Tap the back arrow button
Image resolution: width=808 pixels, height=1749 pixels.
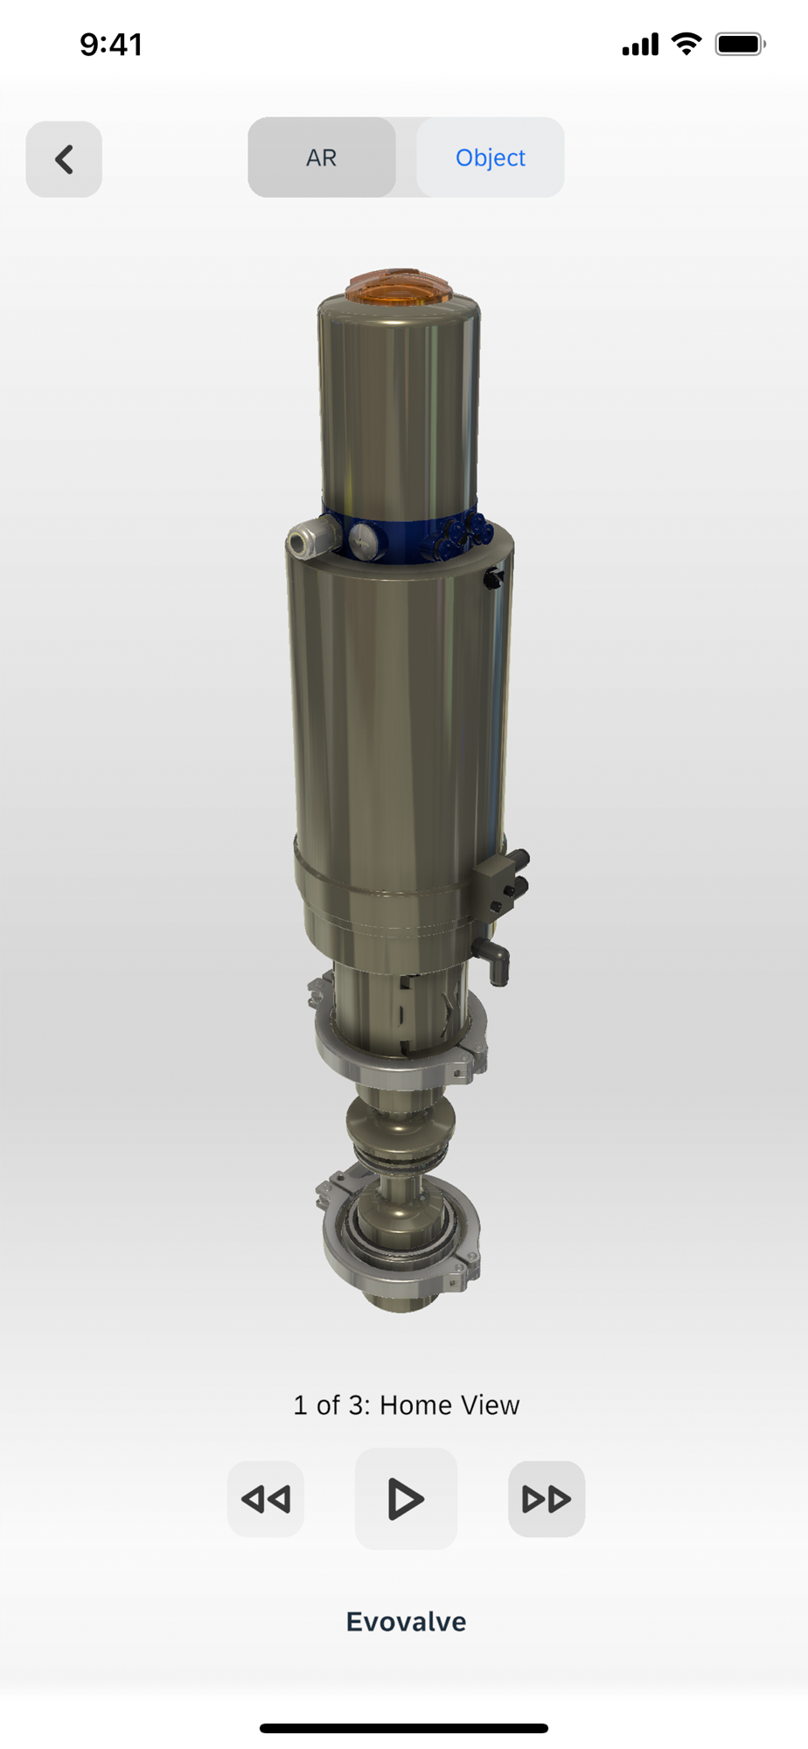pos(64,159)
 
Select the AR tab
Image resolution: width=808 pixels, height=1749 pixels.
pos(322,157)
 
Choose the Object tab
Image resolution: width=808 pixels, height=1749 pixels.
pos(491,157)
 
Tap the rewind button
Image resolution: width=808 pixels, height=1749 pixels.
pos(266,1499)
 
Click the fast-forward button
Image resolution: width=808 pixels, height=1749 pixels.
pos(547,1499)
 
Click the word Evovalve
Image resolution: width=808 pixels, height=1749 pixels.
pos(407,1622)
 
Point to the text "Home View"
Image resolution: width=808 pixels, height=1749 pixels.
pos(449,1405)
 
